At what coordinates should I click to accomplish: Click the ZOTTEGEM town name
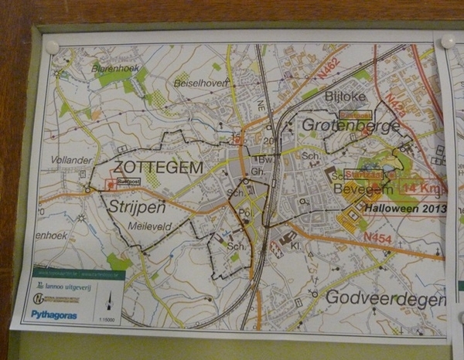coord(158,167)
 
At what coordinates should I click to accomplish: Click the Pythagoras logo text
coord(53,314)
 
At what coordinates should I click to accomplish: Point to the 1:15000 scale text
coord(107,318)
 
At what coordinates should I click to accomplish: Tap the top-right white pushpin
coord(447,42)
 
